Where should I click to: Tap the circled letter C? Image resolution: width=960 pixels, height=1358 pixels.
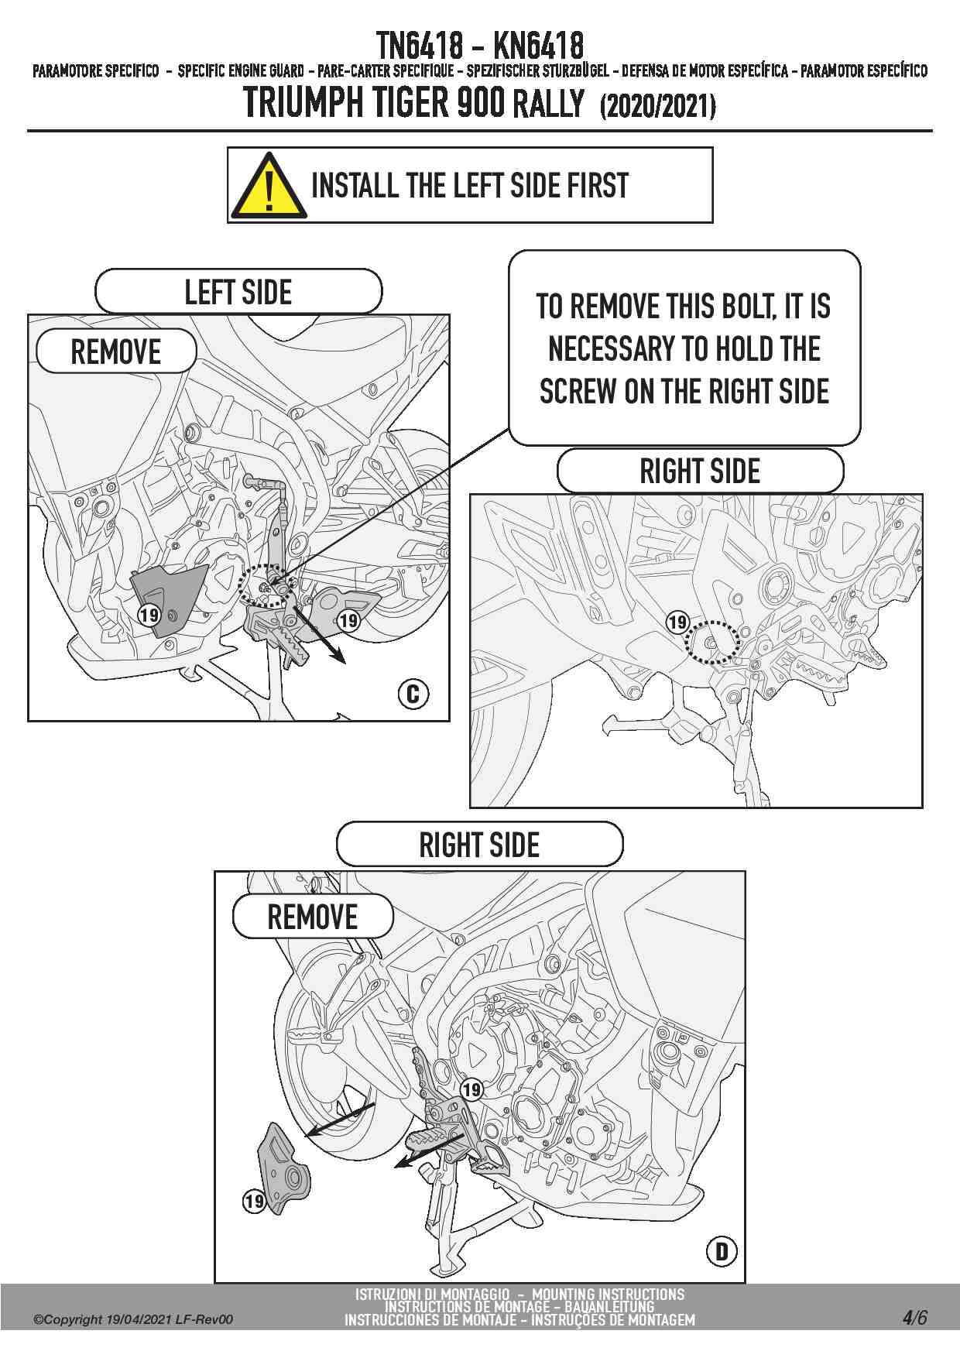click(413, 693)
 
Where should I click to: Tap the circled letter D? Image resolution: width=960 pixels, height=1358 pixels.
click(722, 1250)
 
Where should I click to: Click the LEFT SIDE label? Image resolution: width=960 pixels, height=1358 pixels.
click(238, 292)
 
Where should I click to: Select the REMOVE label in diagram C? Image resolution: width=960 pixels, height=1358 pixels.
click(116, 352)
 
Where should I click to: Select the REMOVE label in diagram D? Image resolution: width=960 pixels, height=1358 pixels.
click(312, 917)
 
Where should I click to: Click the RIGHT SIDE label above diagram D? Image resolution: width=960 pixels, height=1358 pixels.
click(479, 845)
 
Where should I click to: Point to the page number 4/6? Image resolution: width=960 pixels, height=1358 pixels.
click(914, 1317)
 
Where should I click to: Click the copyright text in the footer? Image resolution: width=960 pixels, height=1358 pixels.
click(132, 1319)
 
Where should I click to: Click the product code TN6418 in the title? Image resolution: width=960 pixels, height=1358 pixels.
click(420, 46)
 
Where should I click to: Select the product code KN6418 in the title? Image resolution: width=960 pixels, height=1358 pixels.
click(538, 46)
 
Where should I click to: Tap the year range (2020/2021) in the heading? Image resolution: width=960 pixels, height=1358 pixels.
click(657, 106)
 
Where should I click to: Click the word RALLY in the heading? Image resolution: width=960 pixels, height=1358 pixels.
click(549, 103)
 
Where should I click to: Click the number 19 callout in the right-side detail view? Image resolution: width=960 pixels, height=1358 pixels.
click(678, 622)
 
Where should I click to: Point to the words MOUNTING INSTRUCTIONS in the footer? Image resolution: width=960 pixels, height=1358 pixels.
click(609, 1294)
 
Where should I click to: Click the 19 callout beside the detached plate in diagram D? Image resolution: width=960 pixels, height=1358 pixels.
click(254, 1202)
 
